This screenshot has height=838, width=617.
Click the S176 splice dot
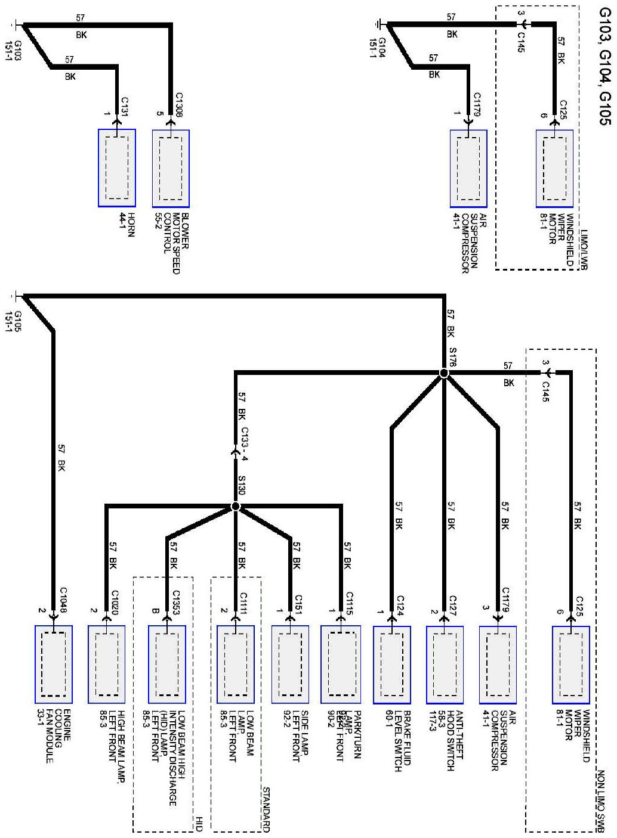443,373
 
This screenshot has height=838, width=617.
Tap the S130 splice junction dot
235,507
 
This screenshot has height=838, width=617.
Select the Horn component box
117,168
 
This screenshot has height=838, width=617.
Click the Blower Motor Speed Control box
171,168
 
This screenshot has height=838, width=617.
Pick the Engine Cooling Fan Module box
54,664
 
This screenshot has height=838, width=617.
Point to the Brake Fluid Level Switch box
391,664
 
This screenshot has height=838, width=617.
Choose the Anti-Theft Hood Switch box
445,664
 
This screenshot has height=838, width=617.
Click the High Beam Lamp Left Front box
106,664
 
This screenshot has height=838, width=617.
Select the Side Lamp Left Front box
289,664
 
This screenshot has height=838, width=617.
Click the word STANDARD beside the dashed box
266,809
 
